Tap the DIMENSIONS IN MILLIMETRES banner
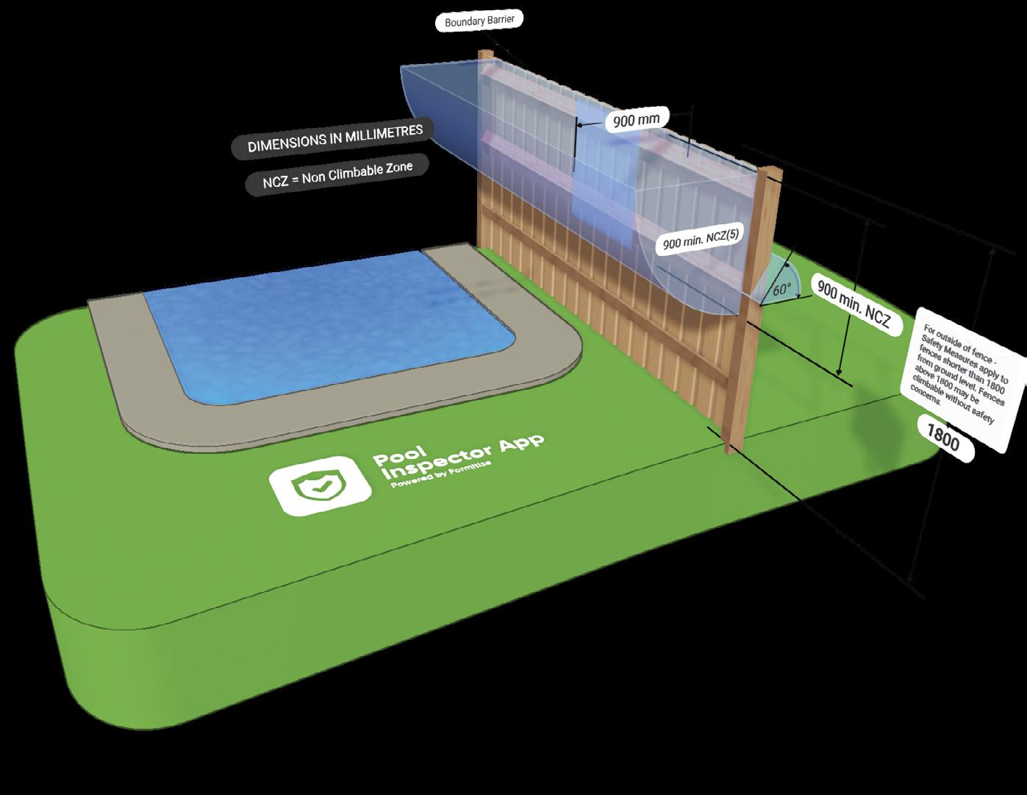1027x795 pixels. tap(335, 138)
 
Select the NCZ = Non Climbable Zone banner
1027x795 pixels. tap(338, 175)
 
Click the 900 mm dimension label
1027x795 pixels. tap(632, 120)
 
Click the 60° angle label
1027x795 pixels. tap(781, 289)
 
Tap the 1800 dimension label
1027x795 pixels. tap(942, 439)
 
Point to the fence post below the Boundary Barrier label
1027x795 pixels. tap(484, 147)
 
